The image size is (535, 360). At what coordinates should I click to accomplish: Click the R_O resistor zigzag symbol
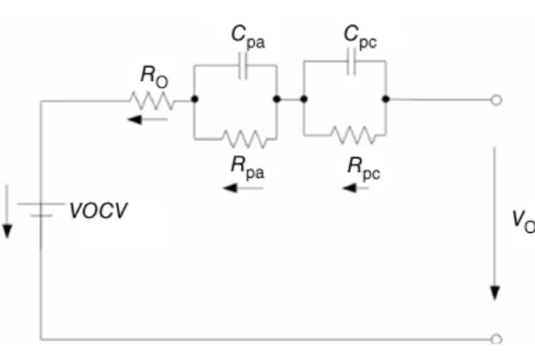[x=152, y=101]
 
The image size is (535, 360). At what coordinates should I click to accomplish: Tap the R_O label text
[x=154, y=76]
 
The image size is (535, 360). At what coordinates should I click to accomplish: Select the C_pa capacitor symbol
[x=242, y=65]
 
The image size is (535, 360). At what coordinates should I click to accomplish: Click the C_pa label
[x=248, y=38]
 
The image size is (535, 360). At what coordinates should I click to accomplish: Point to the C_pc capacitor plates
[x=352, y=62]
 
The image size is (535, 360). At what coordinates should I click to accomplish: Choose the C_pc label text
[x=360, y=37]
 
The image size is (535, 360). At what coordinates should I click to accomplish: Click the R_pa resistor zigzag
[x=244, y=139]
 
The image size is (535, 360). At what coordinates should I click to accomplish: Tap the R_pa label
[x=248, y=168]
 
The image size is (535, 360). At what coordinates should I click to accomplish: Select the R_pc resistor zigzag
[x=354, y=135]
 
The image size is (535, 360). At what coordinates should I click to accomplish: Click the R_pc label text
[x=364, y=168]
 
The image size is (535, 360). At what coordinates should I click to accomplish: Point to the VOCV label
[x=99, y=211]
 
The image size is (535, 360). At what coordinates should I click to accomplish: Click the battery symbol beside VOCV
[x=41, y=210]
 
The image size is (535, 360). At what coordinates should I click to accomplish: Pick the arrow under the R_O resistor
[x=147, y=120]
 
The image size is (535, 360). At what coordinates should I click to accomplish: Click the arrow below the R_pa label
[x=243, y=188]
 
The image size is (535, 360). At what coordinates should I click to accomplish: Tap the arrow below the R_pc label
[x=355, y=188]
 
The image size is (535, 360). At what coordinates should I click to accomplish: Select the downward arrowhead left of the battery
[x=7, y=231]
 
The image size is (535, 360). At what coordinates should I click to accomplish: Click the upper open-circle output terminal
[x=496, y=100]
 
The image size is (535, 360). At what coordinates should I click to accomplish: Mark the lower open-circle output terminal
[x=496, y=339]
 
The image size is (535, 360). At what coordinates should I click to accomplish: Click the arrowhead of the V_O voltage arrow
[x=495, y=294]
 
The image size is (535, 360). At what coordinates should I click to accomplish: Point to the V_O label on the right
[x=523, y=222]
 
